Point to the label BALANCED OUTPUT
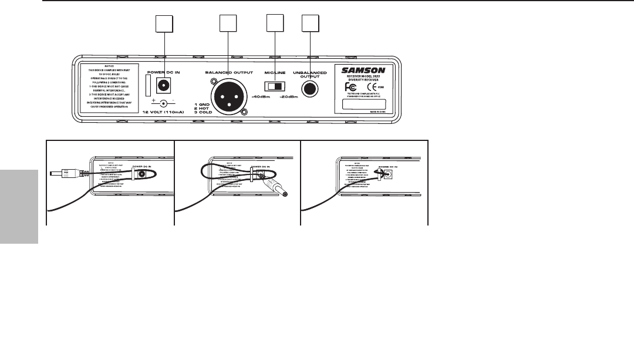pos(228,72)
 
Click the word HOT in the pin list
pos(202,109)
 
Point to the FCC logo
pos(350,86)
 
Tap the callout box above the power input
pos(164,23)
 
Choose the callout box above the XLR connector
pos(227,23)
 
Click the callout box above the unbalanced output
pos(309,23)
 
